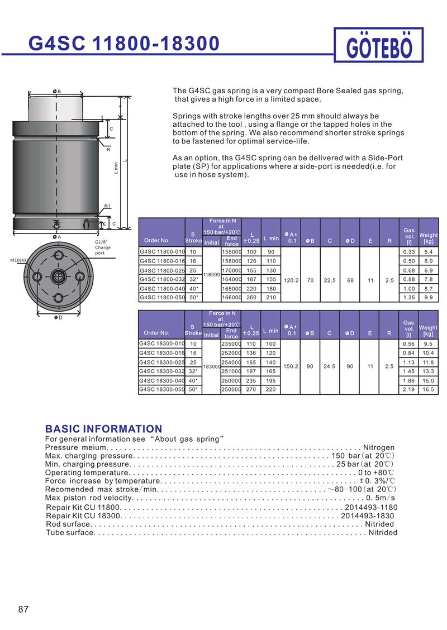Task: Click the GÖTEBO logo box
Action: (x=379, y=45)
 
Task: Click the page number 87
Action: (x=23, y=609)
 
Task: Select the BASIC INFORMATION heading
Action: (x=103, y=429)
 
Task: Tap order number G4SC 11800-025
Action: (x=161, y=270)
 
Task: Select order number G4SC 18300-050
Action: (x=161, y=389)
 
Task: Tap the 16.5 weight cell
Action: (x=429, y=389)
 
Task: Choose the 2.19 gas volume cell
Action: (x=409, y=389)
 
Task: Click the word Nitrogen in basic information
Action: (x=379, y=448)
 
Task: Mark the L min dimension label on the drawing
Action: (x=116, y=167)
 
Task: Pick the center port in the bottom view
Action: (x=57, y=276)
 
